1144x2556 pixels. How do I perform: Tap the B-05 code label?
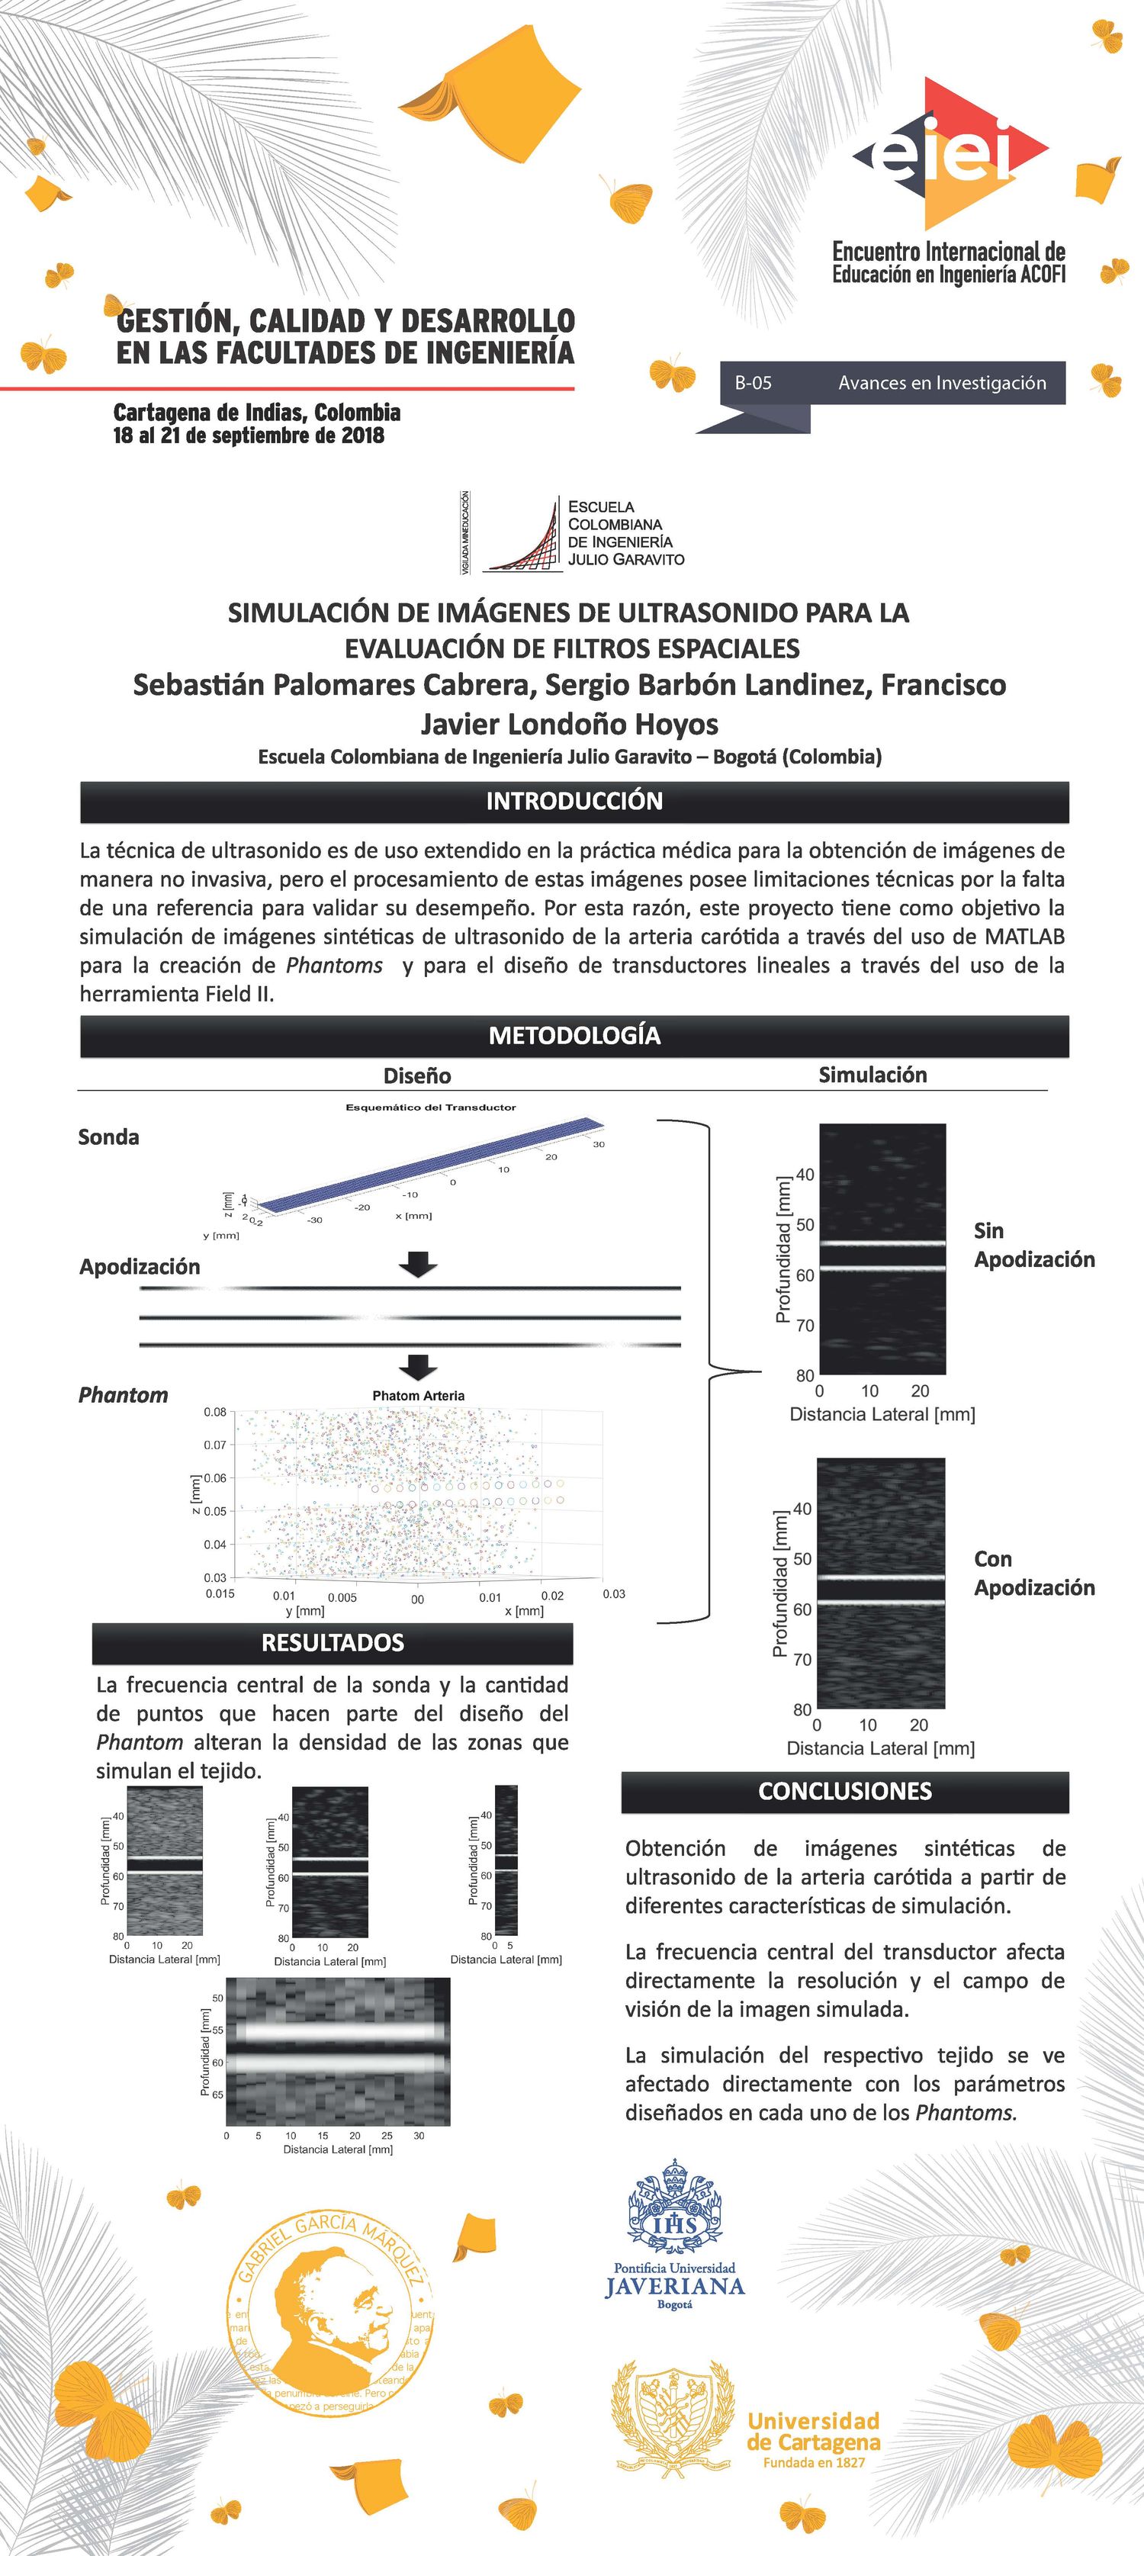pyautogui.click(x=753, y=383)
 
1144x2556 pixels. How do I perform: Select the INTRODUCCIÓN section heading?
pyautogui.click(x=574, y=802)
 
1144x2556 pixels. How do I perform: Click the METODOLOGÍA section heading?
pyautogui.click(x=574, y=1036)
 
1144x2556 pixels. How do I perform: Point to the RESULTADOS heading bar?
pyautogui.click(x=333, y=1642)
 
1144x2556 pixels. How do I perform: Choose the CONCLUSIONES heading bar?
pyautogui.click(x=844, y=1791)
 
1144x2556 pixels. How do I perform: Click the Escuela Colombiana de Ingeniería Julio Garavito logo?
pyautogui.click(x=574, y=534)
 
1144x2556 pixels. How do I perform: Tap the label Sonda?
pyautogui.click(x=108, y=1137)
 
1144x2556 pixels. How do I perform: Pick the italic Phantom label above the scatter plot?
pyautogui.click(x=123, y=1395)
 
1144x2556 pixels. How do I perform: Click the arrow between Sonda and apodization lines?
pyautogui.click(x=418, y=1264)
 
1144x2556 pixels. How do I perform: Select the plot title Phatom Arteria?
pyautogui.click(x=418, y=1396)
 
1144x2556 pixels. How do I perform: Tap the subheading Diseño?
pyautogui.click(x=416, y=1075)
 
